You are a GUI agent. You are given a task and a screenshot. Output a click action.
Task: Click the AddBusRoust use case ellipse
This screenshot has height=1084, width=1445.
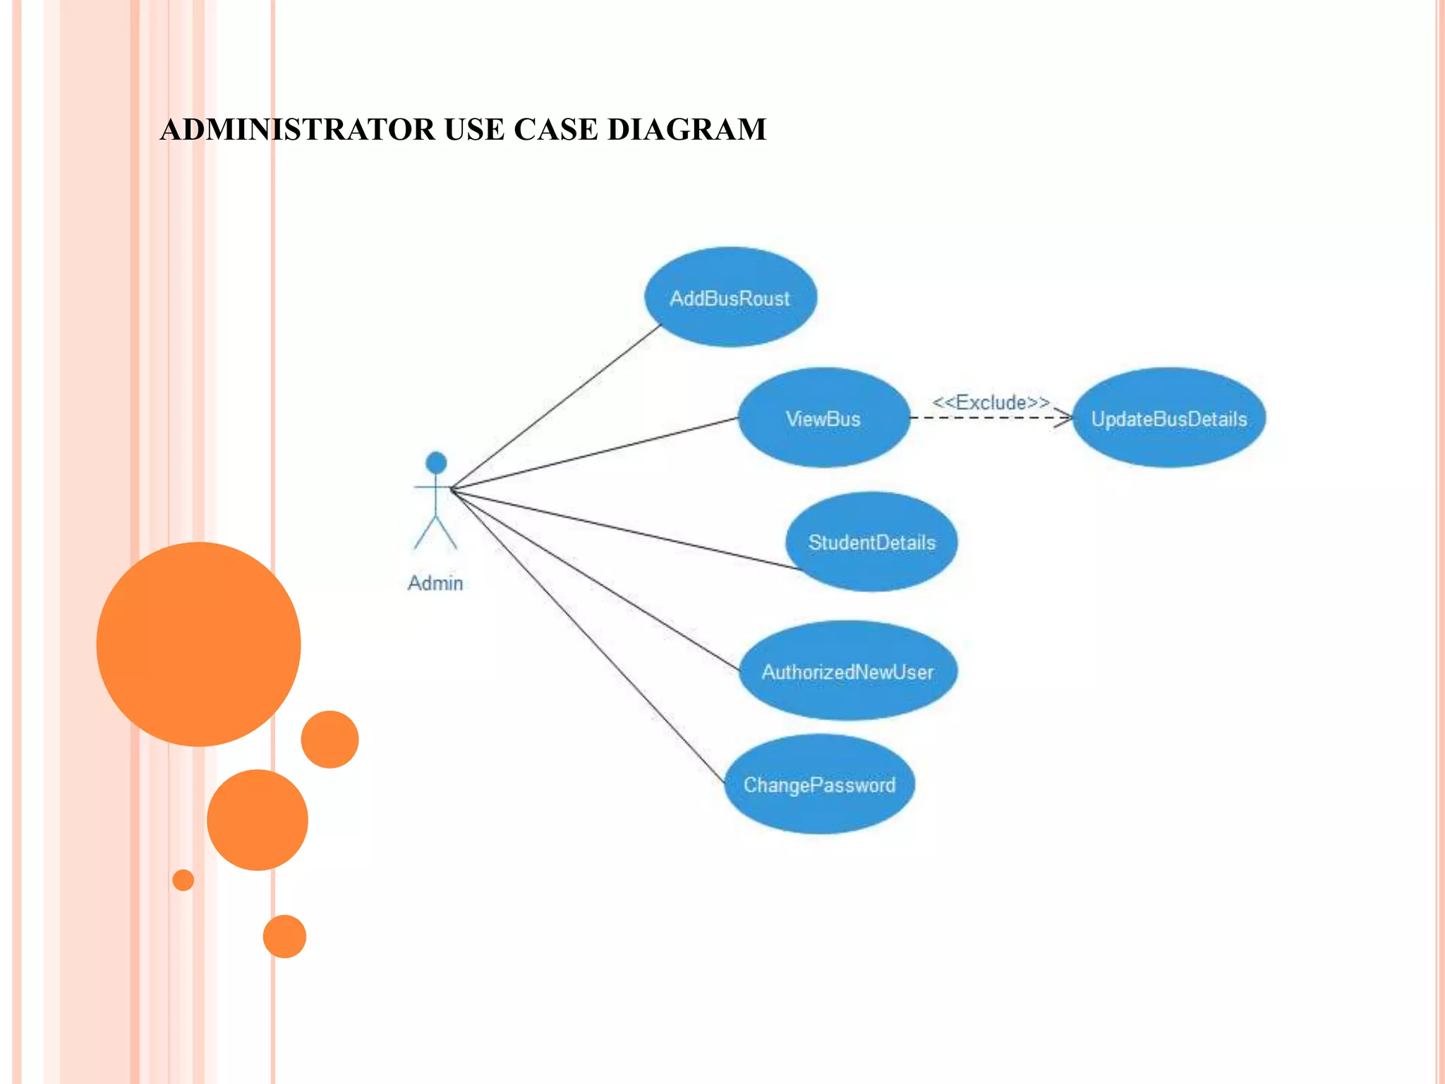(x=730, y=297)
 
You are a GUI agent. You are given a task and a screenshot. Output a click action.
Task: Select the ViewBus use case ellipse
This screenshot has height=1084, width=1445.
(x=823, y=418)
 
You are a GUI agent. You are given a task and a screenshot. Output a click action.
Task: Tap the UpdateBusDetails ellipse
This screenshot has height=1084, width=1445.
(x=1168, y=418)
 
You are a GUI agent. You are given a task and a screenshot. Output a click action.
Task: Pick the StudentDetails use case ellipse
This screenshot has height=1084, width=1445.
(x=871, y=542)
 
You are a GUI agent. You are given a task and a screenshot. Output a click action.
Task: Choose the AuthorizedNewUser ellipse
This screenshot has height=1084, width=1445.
(x=847, y=671)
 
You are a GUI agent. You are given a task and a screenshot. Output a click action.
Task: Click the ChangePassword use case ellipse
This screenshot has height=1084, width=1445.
(x=819, y=784)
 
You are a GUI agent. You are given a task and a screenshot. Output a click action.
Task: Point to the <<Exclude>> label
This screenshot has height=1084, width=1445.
(x=991, y=402)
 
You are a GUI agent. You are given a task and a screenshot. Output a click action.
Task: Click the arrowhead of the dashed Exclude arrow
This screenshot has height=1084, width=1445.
(x=1065, y=418)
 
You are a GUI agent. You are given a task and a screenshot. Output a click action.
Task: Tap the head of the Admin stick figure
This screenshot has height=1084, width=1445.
(x=436, y=463)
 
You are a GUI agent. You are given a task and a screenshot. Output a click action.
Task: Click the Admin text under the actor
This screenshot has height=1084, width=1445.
(x=435, y=583)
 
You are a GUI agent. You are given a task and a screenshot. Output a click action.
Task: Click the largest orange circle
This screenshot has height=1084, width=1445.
(x=198, y=644)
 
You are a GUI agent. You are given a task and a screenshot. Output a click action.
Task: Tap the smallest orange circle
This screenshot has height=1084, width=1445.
(x=183, y=879)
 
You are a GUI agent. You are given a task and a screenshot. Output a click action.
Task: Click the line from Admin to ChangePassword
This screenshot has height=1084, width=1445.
(x=586, y=635)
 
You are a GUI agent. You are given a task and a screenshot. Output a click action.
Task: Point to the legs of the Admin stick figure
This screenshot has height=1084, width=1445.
(x=435, y=533)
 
